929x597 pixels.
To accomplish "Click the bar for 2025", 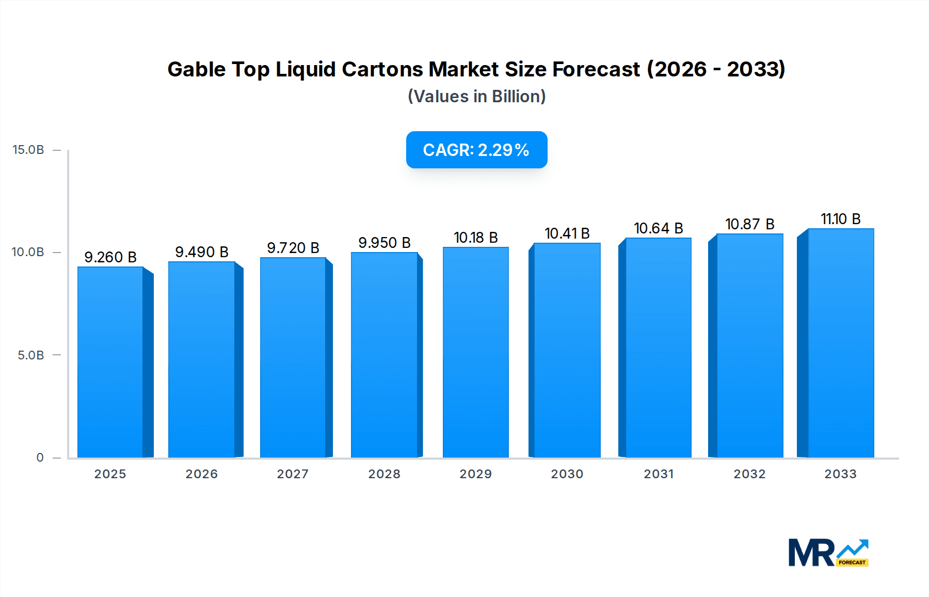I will (x=110, y=362).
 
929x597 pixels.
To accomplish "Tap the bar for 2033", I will (x=841, y=343).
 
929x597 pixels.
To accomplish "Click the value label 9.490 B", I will (x=202, y=252).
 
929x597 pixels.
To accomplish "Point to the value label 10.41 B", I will (x=567, y=233).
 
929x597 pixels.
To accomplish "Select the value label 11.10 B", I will (x=841, y=219).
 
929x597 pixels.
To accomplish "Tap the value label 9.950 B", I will (x=385, y=243).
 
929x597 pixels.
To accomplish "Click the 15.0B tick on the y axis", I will (x=28, y=150).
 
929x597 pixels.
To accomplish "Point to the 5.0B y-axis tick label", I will (x=31, y=355).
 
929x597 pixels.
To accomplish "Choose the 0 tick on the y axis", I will (x=40, y=458).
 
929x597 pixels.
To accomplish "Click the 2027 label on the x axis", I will (x=293, y=474).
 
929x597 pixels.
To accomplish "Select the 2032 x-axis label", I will (x=749, y=474).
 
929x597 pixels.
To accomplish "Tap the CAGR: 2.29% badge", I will (x=476, y=150).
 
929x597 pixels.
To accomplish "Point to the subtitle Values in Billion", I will (x=476, y=97).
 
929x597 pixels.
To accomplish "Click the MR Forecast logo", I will (x=828, y=553).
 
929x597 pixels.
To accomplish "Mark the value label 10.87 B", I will (x=749, y=224).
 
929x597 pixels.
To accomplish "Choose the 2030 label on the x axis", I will (x=567, y=474).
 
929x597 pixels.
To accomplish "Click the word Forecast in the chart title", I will (x=596, y=69).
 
